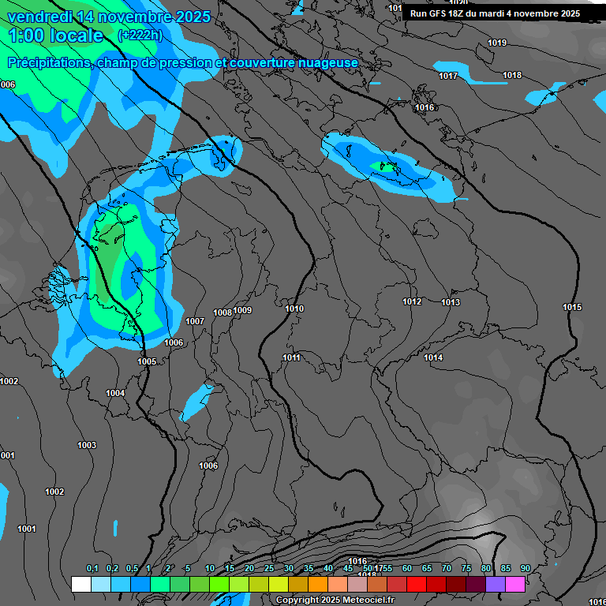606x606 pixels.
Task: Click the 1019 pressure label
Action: coord(497,43)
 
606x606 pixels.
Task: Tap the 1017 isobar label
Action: coord(448,76)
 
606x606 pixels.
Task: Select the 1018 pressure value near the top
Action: coord(512,75)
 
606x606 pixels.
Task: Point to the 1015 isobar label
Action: coord(572,307)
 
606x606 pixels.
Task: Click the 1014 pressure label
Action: coord(433,357)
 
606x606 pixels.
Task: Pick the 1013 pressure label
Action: coord(451,302)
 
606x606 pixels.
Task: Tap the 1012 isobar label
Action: coord(412,301)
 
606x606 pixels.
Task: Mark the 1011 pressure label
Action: coord(291,357)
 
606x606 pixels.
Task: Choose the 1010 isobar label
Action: coord(294,309)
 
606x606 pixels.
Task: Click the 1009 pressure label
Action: coord(242,310)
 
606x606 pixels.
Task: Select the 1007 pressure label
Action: coord(195,321)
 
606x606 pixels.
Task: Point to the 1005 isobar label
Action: coord(147,361)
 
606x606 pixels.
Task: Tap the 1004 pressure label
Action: coord(115,393)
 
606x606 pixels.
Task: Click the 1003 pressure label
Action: coord(87,445)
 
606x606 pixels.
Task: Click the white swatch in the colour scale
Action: coord(80,584)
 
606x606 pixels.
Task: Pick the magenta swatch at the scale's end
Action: coord(515,584)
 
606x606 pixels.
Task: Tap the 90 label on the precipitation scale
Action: coord(525,568)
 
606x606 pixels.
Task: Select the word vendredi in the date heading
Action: coord(39,17)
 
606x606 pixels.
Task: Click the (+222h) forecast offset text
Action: coord(140,35)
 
